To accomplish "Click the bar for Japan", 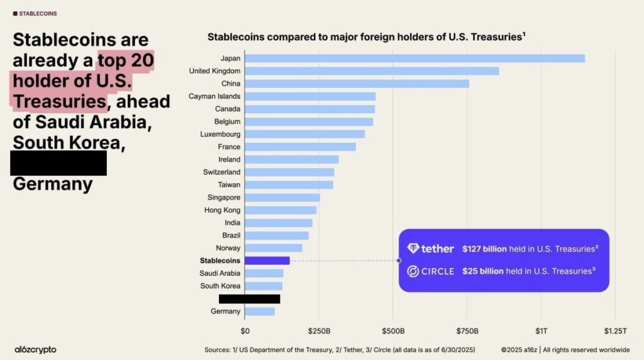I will pos(414,59).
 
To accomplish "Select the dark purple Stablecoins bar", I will pos(267,261).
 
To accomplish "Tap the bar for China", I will pos(357,84).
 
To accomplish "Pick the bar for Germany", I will pos(260,312).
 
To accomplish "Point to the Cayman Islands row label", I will pos(214,96).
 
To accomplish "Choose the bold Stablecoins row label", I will pos(219,261).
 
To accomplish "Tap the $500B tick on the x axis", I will pos(393,331).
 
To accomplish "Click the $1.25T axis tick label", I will pos(615,331).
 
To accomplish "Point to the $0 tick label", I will pos(245,331).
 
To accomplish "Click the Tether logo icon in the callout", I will pos(413,249).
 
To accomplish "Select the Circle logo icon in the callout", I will pos(413,271).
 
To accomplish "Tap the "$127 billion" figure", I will pos(484,249).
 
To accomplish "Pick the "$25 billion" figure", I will pos(482,271).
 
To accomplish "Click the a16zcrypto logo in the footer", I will pos(35,349).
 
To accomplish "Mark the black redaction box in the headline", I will pos(58,163).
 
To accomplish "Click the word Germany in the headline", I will pos(53,184).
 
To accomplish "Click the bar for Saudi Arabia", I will pos(264,273).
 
